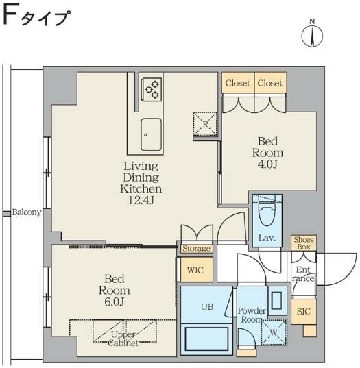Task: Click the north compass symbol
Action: (x=312, y=35)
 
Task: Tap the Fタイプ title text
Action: (x=38, y=16)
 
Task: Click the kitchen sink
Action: (x=151, y=134)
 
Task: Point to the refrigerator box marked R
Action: (x=206, y=124)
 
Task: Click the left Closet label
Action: (x=237, y=84)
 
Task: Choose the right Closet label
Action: (x=269, y=84)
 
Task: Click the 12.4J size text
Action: (x=141, y=200)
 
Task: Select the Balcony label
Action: (x=26, y=212)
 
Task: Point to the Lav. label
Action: (x=267, y=238)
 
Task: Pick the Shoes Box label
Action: (x=303, y=243)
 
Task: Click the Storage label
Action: (x=196, y=249)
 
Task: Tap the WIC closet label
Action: (x=195, y=270)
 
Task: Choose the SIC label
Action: (x=302, y=312)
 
